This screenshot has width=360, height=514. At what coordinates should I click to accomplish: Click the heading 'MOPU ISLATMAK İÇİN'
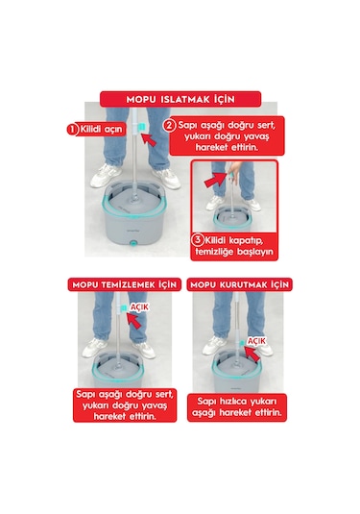tap(179, 98)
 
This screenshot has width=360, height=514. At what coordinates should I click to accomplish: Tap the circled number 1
tap(70, 128)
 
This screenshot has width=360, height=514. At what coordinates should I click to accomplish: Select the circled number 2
tap(169, 125)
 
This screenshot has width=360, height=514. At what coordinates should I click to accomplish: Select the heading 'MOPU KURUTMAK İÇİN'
tap(239, 285)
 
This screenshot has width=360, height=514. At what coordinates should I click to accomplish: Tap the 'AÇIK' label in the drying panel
tap(255, 340)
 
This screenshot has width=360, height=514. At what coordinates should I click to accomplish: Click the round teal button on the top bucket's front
tap(132, 248)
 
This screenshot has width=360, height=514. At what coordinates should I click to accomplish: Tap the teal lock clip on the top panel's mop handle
tap(141, 127)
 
